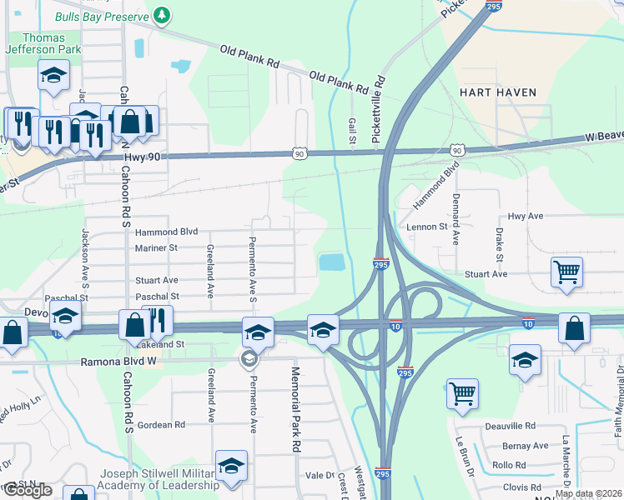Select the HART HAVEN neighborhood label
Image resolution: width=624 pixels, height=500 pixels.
[497, 92]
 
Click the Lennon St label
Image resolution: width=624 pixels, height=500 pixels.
[427, 226]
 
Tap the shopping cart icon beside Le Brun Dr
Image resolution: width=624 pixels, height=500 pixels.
[462, 392]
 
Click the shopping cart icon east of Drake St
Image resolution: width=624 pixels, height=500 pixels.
[566, 271]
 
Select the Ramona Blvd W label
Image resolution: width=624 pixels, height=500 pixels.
[118, 362]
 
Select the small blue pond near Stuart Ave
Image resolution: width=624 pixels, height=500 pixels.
[331, 263]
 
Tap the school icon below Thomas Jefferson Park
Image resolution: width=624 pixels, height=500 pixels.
[53, 77]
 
